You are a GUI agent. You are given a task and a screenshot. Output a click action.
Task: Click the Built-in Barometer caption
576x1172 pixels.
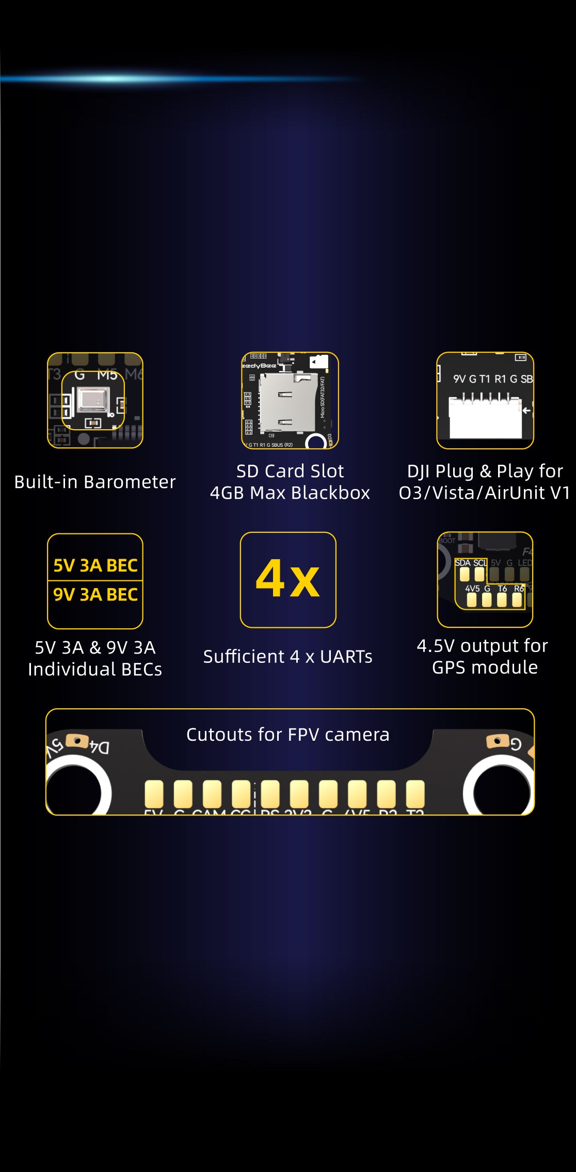[95, 482]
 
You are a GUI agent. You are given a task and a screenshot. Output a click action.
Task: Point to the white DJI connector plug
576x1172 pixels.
[485, 418]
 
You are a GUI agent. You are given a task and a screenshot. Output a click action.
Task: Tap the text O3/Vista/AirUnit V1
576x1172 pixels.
[484, 493]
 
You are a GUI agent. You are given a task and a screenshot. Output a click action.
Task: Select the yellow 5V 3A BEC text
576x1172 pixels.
[95, 565]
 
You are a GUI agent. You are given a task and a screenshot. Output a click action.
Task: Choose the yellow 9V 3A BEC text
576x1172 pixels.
[95, 595]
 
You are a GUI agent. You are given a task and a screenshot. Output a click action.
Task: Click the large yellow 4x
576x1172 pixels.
[288, 579]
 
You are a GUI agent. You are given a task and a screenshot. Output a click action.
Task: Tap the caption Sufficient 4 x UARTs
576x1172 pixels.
[287, 657]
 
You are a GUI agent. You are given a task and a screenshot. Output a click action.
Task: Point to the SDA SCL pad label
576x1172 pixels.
[470, 563]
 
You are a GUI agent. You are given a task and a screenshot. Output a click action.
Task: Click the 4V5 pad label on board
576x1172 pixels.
[472, 589]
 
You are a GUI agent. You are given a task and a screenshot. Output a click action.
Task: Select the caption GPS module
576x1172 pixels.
[485, 668]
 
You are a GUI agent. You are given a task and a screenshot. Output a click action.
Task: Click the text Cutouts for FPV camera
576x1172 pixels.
[287, 735]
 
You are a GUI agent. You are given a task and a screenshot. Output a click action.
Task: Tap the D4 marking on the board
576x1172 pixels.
[100, 746]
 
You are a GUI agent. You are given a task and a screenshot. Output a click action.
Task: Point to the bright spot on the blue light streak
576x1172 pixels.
[111, 79]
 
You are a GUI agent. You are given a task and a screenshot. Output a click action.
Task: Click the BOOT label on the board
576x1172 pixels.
[447, 541]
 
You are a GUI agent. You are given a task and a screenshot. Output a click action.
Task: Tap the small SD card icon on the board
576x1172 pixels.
[318, 362]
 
